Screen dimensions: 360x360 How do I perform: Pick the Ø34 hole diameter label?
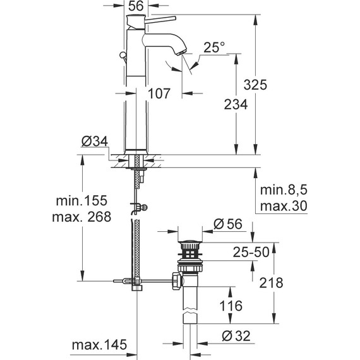pyautogui.click(x=94, y=143)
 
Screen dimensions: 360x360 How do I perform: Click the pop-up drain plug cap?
pyautogui.click(x=188, y=243)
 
